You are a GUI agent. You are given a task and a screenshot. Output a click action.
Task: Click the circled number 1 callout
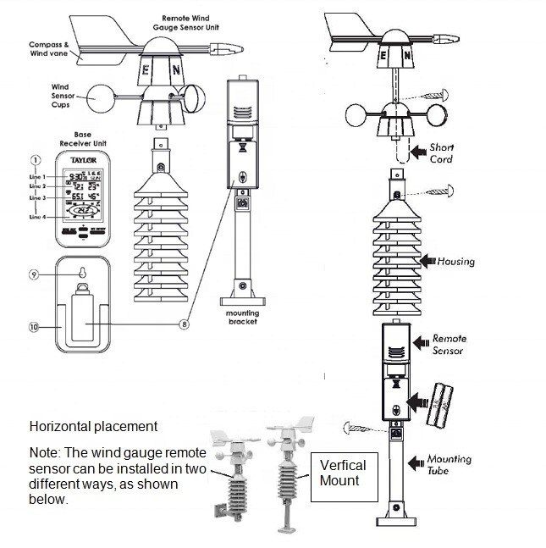tap(36, 159)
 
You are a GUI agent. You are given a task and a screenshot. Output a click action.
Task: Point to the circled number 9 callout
tap(35, 274)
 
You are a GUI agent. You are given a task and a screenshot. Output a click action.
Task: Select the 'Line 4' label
tap(36, 217)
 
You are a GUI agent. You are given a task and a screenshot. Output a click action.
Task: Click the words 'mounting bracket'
tap(242, 317)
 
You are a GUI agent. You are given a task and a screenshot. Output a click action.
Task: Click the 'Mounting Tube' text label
tap(449, 464)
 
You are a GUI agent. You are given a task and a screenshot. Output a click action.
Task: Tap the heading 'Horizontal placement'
tap(93, 426)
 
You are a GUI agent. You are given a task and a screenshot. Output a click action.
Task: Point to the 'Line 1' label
tap(36, 176)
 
